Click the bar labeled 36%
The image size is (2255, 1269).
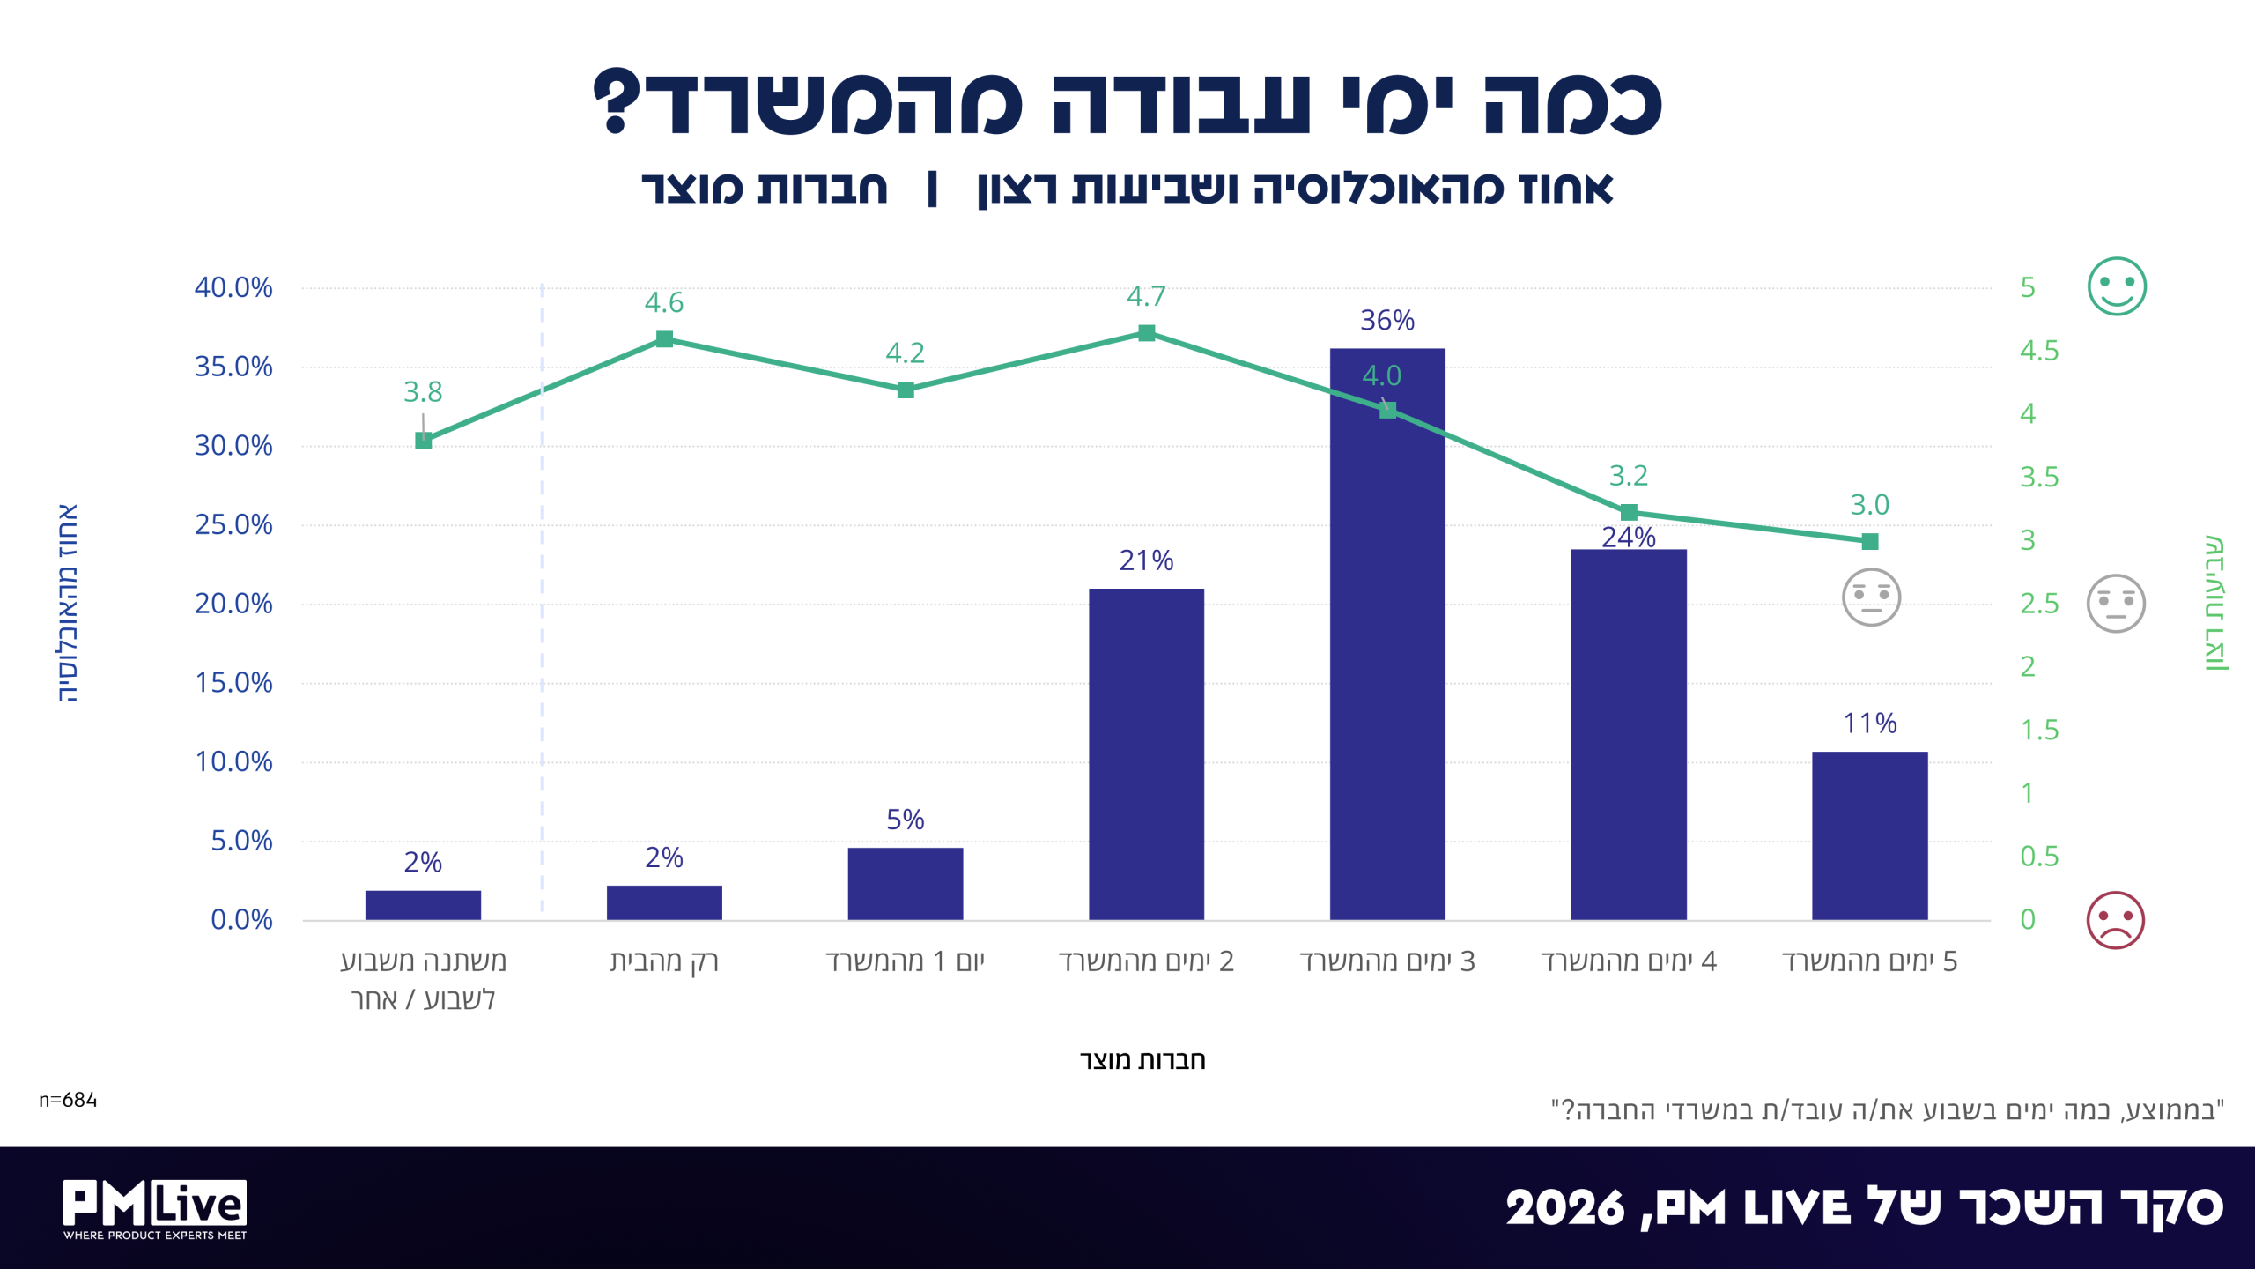pyautogui.click(x=1387, y=634)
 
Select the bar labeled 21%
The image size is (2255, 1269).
pyautogui.click(x=1146, y=754)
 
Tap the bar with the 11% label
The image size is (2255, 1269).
pyautogui.click(x=1869, y=835)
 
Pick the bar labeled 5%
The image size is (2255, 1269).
pyautogui.click(x=906, y=884)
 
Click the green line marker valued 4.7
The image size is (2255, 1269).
pyautogui.click(x=1146, y=333)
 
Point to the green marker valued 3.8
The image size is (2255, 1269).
pyautogui.click(x=423, y=441)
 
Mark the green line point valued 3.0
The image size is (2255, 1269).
pyautogui.click(x=1870, y=541)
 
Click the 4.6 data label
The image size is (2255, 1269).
pyautogui.click(x=663, y=302)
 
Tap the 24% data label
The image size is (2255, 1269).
pyautogui.click(x=1629, y=537)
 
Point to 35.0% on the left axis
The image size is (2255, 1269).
pyautogui.click(x=233, y=367)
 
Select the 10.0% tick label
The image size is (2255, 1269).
pyautogui.click(x=233, y=761)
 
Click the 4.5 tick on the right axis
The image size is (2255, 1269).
pyautogui.click(x=2039, y=351)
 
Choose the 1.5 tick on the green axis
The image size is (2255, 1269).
pyautogui.click(x=2039, y=730)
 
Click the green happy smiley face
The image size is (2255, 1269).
pyautogui.click(x=2117, y=286)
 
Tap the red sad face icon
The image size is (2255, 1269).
pyautogui.click(x=2116, y=920)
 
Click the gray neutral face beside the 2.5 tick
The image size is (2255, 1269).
pyautogui.click(x=2116, y=604)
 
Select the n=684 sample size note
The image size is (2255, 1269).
pyautogui.click(x=68, y=1100)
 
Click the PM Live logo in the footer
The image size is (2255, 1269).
pyautogui.click(x=155, y=1209)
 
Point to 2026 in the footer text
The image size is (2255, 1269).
pyautogui.click(x=1564, y=1207)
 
